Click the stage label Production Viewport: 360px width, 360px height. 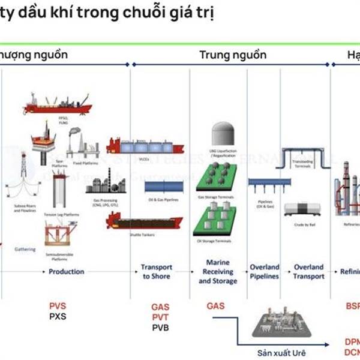pos(66,271)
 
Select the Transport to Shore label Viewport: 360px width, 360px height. pos(157,271)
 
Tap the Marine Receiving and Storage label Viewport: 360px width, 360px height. pos(217,271)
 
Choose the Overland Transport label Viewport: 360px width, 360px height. pos(308,271)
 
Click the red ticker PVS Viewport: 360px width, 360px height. pos(58,305)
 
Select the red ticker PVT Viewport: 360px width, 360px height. pos(160,317)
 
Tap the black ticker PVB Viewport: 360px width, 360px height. pos(160,327)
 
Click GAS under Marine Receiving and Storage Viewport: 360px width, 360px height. pos(215,306)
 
